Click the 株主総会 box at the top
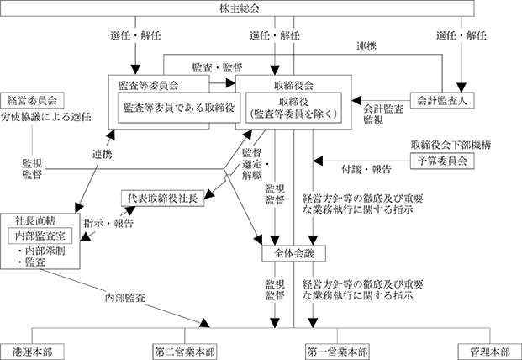237,8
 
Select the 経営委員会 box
32,101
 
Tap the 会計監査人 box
442,100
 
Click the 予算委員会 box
442,161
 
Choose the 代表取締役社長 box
162,199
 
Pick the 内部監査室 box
40,236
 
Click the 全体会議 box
294,253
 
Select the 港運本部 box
32,352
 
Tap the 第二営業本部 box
185,352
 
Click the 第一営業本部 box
337,352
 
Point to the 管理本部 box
490,352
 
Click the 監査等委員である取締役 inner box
179,108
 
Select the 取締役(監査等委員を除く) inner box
293,108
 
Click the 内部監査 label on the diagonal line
125,298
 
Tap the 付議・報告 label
366,169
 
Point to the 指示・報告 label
108,223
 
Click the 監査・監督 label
217,67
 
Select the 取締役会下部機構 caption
451,145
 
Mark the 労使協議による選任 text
46,117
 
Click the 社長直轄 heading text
35,220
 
